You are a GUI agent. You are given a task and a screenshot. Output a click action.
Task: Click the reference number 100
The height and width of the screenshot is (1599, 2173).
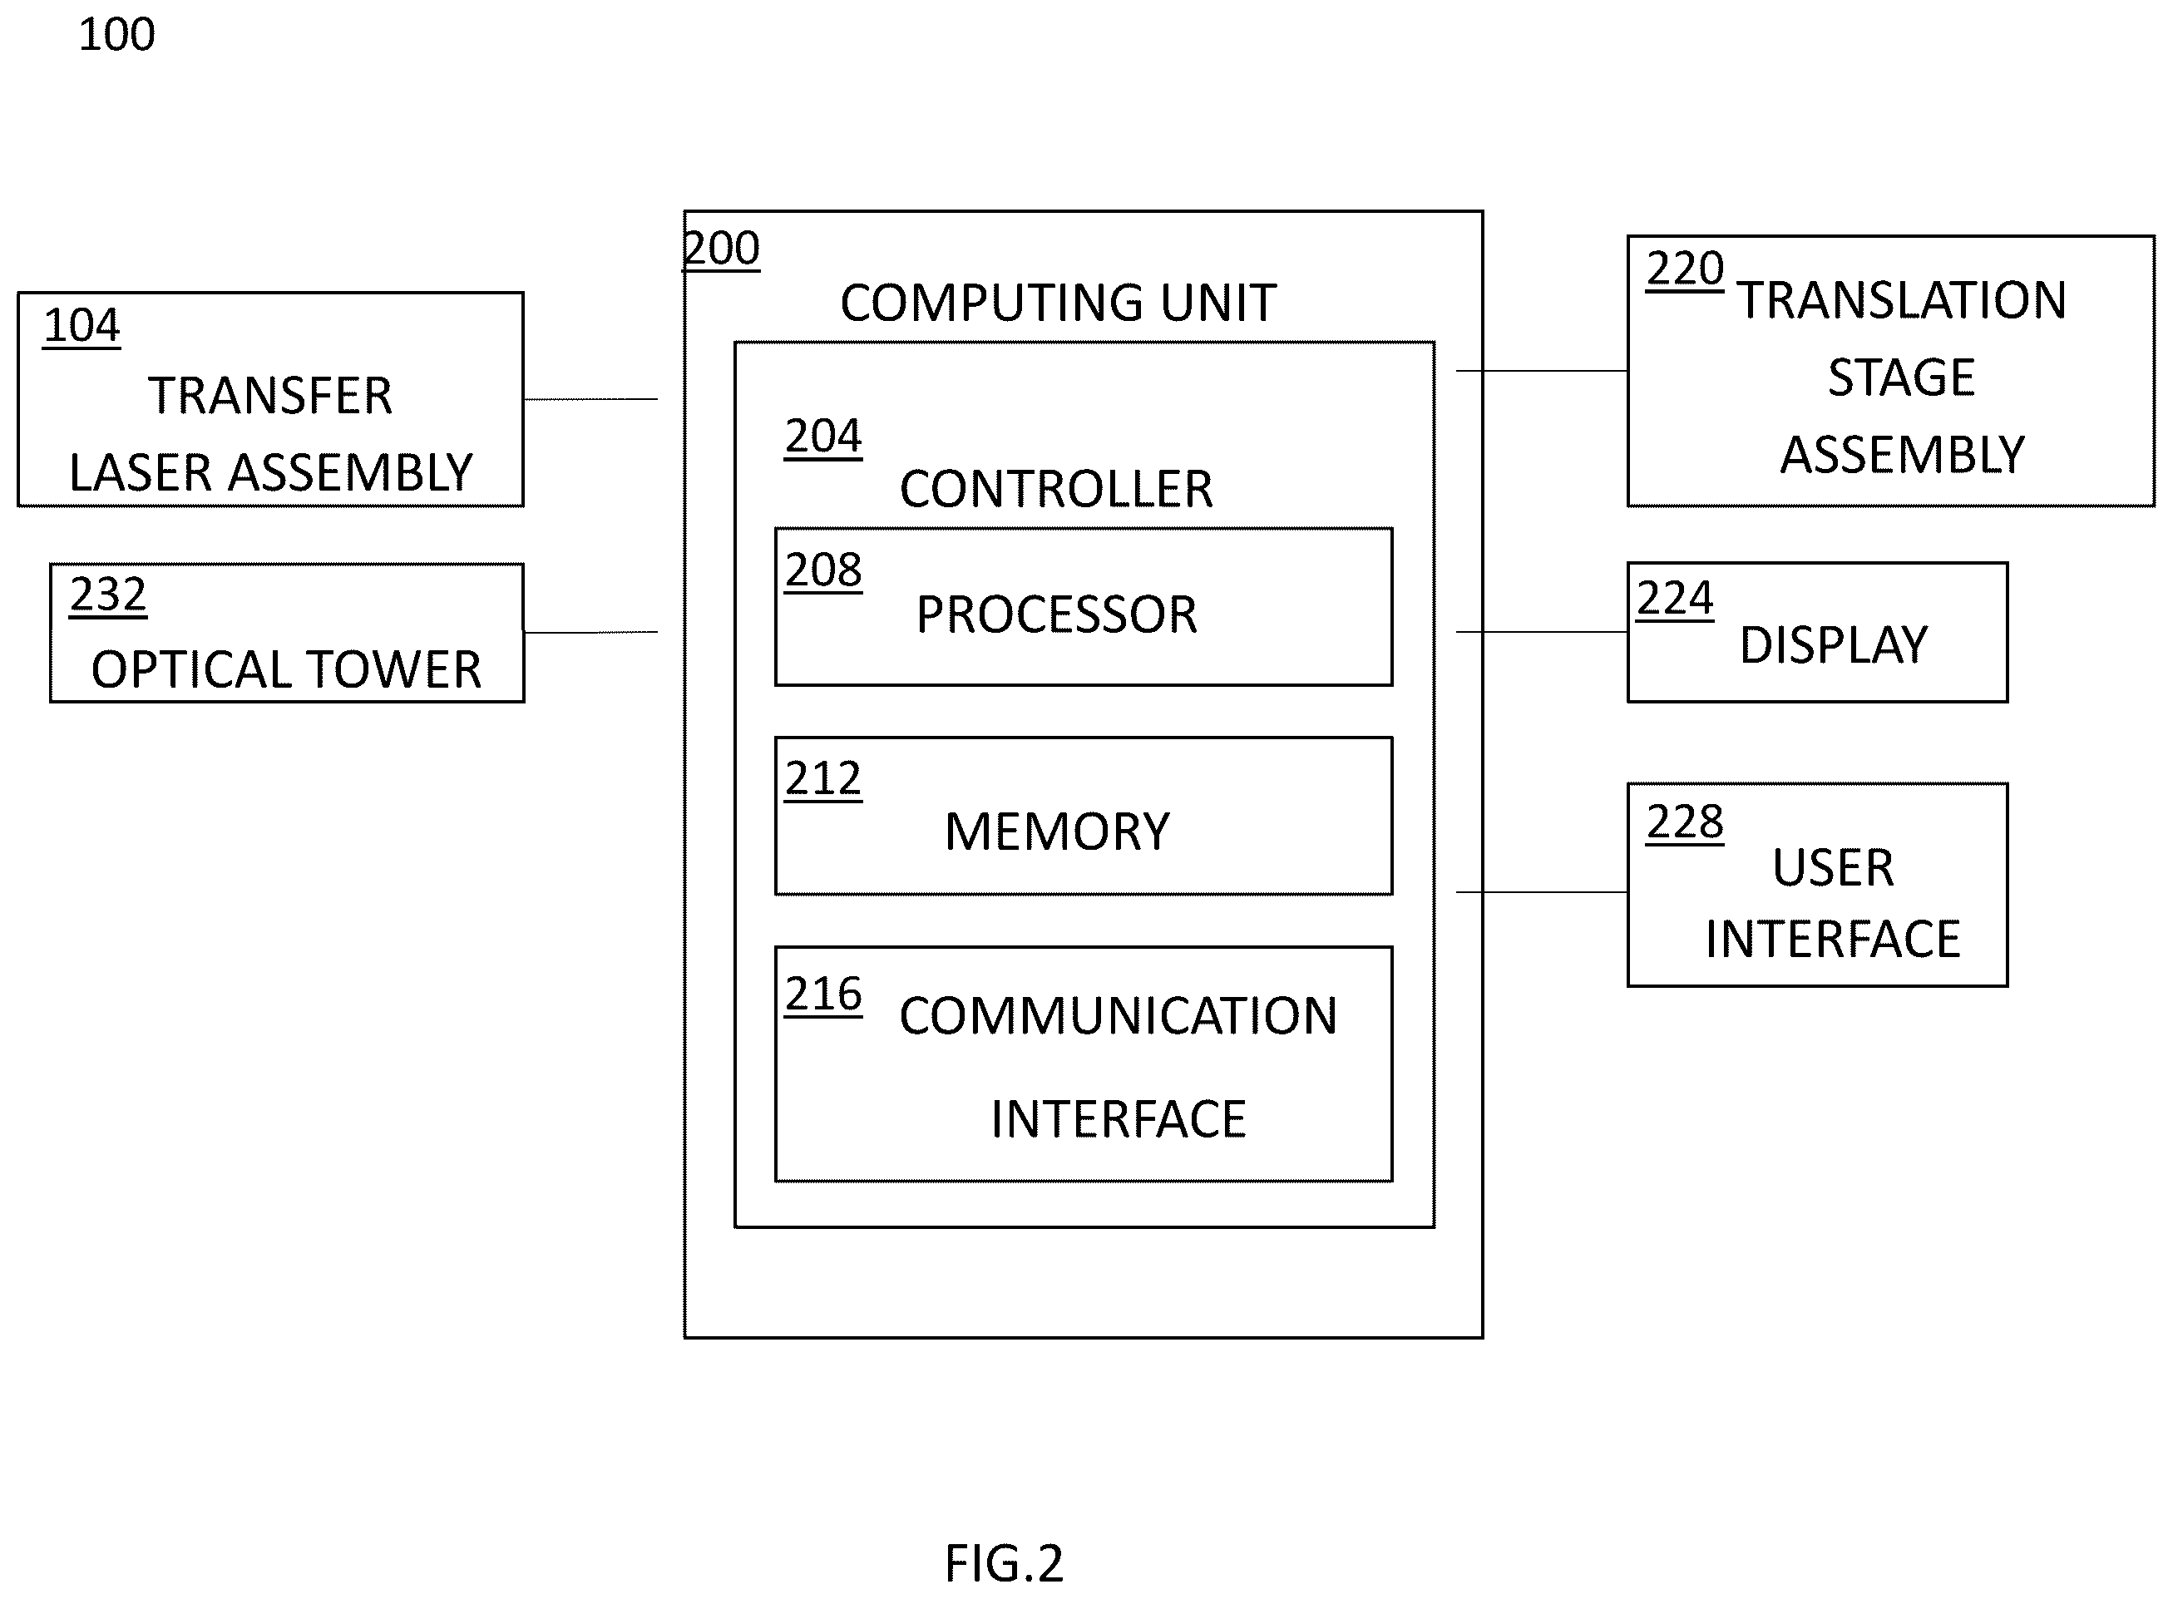click(x=116, y=35)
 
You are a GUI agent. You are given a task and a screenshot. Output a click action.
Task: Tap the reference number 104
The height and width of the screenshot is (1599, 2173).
click(x=82, y=325)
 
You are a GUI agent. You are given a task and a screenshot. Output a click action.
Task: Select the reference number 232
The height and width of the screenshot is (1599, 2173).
click(x=108, y=595)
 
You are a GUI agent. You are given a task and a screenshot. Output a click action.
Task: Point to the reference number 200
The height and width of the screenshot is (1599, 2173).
click(x=722, y=249)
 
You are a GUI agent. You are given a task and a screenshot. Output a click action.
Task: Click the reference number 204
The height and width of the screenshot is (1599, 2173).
click(x=822, y=437)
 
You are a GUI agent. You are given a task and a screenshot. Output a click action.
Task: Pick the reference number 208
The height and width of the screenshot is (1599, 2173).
click(x=822, y=570)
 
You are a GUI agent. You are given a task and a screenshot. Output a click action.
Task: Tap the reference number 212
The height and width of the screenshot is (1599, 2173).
click(x=822, y=779)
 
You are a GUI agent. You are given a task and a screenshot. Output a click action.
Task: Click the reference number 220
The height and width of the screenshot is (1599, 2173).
click(x=1685, y=269)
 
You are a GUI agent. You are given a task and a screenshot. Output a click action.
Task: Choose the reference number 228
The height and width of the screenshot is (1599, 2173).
click(x=1685, y=822)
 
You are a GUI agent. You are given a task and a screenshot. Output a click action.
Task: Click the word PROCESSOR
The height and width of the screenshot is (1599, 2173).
click(x=1057, y=614)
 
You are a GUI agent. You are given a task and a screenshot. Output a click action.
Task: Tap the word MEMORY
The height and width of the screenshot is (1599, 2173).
click(x=1057, y=832)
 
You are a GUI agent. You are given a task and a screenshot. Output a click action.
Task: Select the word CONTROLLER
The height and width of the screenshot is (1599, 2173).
click(x=1056, y=489)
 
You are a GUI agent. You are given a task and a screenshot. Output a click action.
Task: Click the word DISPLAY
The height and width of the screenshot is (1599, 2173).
click(x=1833, y=645)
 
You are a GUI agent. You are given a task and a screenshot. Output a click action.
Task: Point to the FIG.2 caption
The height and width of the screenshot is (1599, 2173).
click(x=1004, y=1563)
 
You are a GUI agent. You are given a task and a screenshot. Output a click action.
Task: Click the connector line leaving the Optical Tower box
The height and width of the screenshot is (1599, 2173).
click(x=590, y=632)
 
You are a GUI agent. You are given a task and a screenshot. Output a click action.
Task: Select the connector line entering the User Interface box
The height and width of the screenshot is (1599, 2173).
click(x=1542, y=891)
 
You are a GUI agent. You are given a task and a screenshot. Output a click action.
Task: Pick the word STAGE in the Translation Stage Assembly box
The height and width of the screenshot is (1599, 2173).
click(x=1901, y=378)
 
